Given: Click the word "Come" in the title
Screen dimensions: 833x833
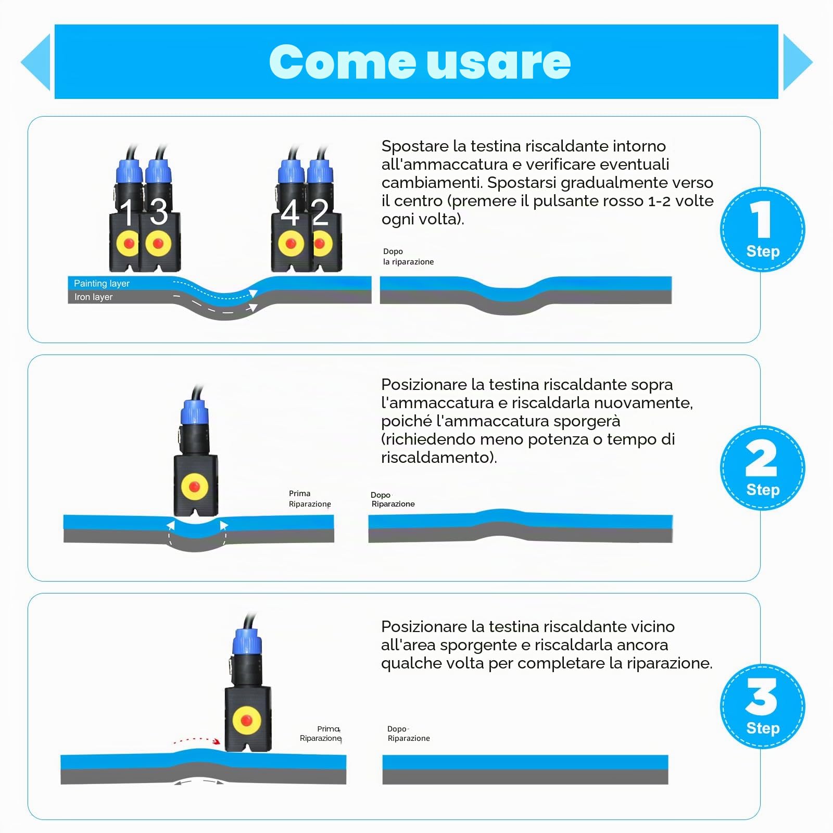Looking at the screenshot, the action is [342, 62].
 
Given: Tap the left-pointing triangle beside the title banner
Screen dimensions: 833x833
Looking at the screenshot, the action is [35, 62].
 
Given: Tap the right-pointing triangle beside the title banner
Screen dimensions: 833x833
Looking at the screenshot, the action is [798, 62].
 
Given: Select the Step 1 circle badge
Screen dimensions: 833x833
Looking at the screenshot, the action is [763, 230].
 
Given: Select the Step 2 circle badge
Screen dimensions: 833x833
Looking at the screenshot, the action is [763, 468].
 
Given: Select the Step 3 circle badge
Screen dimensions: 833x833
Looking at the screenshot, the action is [763, 706].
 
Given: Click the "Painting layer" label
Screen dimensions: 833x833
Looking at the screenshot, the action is [102, 284].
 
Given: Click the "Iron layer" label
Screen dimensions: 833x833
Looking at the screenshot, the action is [93, 297].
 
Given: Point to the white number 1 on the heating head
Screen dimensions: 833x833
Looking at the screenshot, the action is [127, 212].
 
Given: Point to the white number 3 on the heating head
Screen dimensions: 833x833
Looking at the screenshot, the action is [159, 212].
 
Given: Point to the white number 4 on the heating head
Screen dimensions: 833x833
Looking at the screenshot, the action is [290, 212].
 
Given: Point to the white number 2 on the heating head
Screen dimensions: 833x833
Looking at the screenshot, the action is [320, 212].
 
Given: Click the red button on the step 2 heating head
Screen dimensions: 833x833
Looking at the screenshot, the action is [195, 486].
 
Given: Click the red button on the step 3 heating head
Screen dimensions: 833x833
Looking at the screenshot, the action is [247, 721].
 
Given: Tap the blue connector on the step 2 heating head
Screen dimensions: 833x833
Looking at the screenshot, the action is [194, 413].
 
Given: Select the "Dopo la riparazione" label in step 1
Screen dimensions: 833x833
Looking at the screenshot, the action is [408, 257].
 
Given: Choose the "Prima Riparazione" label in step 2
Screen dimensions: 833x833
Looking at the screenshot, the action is [310, 499].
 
